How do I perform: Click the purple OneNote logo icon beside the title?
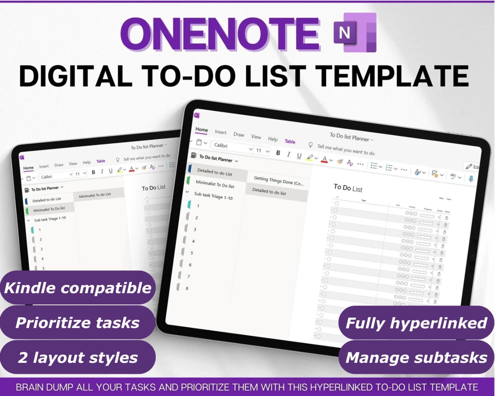pos(355,32)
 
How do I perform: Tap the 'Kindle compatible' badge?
pos(78,287)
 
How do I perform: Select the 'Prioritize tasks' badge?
pos(78,322)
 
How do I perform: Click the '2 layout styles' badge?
pos(78,357)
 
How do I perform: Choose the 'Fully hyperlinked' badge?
pos(416,323)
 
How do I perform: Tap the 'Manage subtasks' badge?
pos(416,357)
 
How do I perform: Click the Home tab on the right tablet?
pos(201,129)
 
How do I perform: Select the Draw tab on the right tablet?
pos(239,134)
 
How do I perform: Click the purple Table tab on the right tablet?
pos(290,141)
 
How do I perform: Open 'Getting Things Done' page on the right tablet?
pos(278,181)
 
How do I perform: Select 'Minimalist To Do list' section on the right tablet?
pos(215,185)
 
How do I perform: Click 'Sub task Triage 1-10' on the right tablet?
pos(213,196)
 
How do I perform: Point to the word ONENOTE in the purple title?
pos(220,34)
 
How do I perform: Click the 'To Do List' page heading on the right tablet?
pos(348,188)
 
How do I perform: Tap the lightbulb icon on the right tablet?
pos(310,145)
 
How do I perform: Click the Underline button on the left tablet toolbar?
pos(111,171)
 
